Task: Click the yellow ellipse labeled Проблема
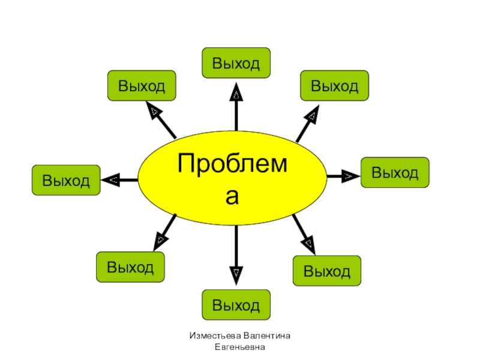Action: (x=232, y=176)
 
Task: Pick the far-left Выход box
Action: (x=66, y=180)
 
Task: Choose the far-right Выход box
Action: (x=395, y=173)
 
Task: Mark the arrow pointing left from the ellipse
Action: (x=120, y=179)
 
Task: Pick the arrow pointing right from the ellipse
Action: (x=343, y=176)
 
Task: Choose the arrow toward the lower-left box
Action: (x=166, y=232)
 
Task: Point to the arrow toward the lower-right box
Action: (x=304, y=233)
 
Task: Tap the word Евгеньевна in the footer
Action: (x=240, y=347)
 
